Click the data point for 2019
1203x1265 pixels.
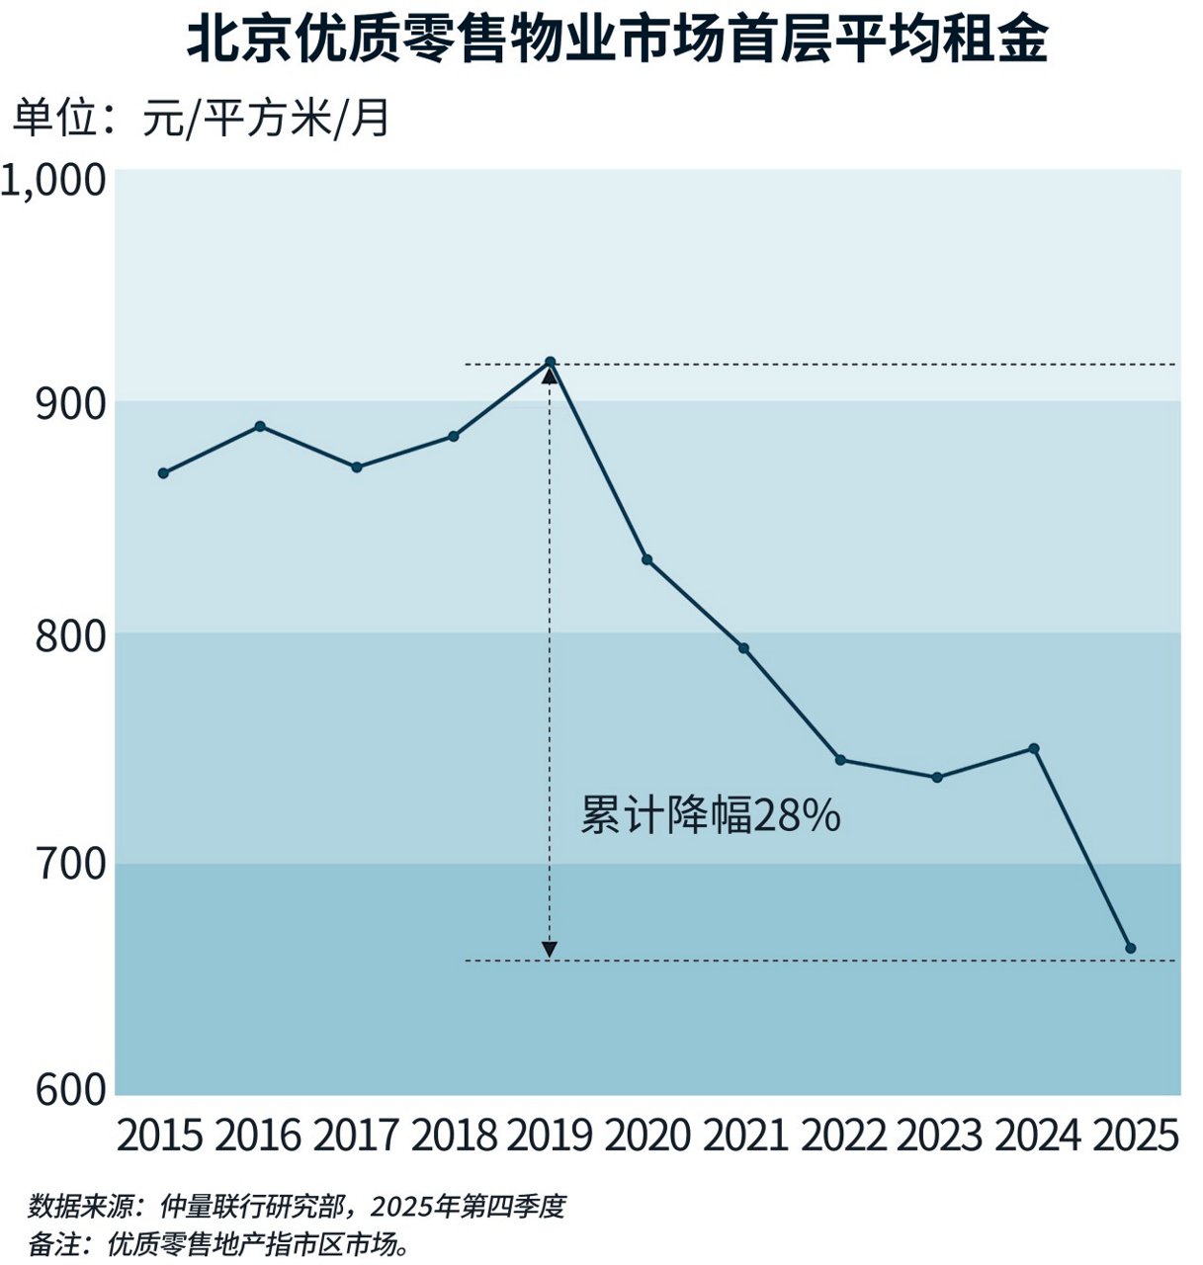coord(551,363)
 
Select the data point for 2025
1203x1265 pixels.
coord(1131,949)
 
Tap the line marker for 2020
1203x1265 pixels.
coord(647,560)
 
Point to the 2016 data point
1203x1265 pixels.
coord(260,427)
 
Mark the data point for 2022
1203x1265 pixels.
coord(840,760)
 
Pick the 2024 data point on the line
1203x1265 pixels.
coord(1034,749)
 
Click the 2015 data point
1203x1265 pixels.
coord(163,473)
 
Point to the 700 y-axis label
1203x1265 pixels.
coord(70,865)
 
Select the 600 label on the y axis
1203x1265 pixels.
coord(70,1089)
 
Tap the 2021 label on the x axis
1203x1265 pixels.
coord(744,1136)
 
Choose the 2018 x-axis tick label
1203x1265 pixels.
coord(454,1136)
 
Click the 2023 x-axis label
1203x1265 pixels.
coord(938,1136)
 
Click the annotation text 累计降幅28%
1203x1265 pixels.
coord(710,817)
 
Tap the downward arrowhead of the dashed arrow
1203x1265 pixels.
coord(550,951)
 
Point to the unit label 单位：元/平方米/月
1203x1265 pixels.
coord(202,119)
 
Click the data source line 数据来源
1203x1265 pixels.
coord(297,1207)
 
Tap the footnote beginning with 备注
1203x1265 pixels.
coord(219,1243)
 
